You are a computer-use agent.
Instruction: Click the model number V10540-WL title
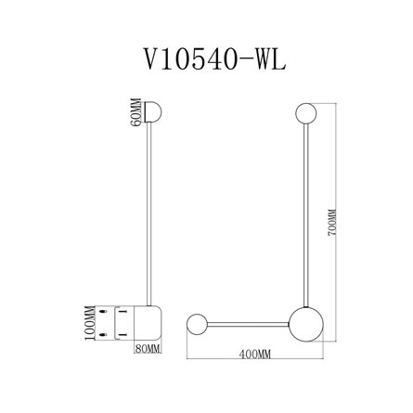(214, 59)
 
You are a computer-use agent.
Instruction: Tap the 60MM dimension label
(136, 112)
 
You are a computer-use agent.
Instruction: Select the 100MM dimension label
(90, 323)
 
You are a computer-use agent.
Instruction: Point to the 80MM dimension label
(148, 349)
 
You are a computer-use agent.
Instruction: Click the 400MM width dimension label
(255, 355)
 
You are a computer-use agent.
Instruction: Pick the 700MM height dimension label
(331, 223)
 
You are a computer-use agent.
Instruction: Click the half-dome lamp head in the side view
(151, 112)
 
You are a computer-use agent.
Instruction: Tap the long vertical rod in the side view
(149, 214)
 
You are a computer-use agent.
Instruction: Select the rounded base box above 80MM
(148, 323)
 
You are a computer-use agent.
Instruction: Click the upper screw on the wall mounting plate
(103, 312)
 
